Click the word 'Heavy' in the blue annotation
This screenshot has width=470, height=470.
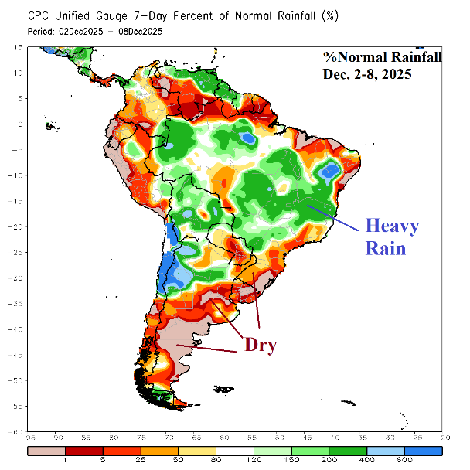point(393,226)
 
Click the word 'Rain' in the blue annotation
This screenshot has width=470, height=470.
point(385,249)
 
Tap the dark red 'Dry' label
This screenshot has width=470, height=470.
point(261,344)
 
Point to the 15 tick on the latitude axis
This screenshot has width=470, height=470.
point(16,47)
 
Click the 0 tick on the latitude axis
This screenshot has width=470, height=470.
point(19,124)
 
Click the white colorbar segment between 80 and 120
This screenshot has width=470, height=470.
point(234,449)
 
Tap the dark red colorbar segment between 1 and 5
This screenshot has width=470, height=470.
point(83,449)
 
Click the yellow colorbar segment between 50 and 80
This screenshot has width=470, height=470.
point(197,449)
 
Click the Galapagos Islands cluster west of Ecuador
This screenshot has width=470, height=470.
point(52,125)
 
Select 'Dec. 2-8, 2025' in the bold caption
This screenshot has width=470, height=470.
point(368,75)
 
